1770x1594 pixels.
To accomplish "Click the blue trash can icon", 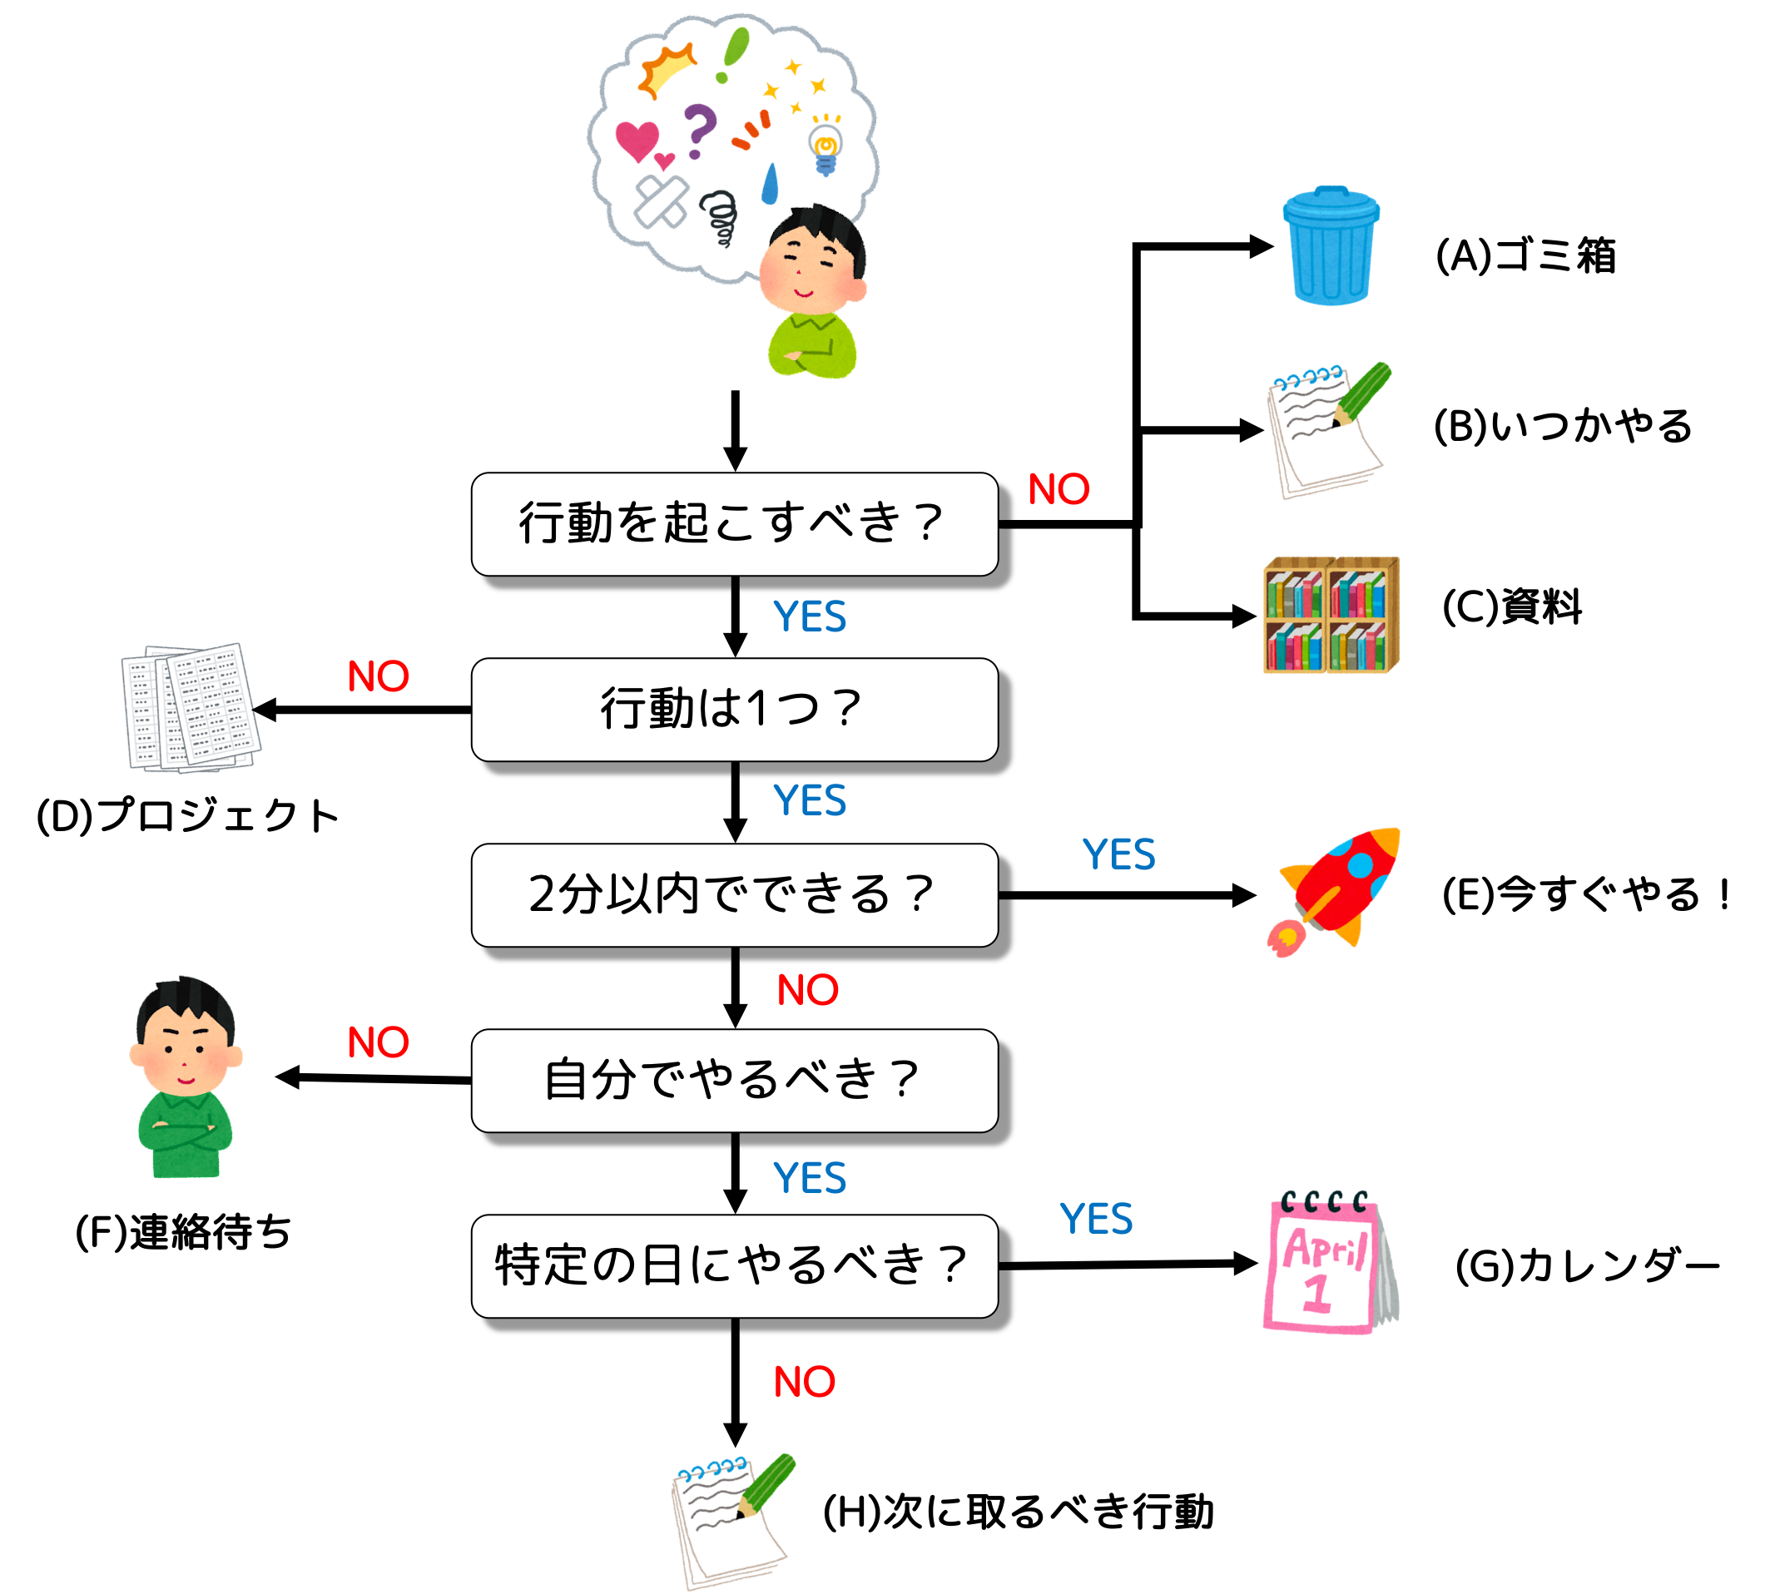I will pyautogui.click(x=1330, y=246).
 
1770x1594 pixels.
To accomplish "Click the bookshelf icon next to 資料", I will pyautogui.click(x=1330, y=615).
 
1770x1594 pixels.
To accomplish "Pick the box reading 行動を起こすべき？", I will pyautogui.click(x=734, y=524).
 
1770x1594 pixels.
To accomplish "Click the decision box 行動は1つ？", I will pyautogui.click(x=734, y=710).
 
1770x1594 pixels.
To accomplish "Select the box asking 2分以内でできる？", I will pyautogui.click(x=734, y=895).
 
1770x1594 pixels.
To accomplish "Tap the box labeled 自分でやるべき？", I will pyautogui.click(x=734, y=1080).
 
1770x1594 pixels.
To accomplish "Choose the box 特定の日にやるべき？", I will pyautogui.click(x=734, y=1265).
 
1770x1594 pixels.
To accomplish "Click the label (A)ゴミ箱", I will pyautogui.click(x=1525, y=255).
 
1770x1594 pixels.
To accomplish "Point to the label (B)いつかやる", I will pyautogui.click(x=1562, y=427).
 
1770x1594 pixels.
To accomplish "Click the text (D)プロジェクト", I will pyautogui.click(x=187, y=815).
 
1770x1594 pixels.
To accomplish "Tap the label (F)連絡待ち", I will pyautogui.click(x=183, y=1232).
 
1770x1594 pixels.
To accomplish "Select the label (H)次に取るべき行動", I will pyautogui.click(x=1019, y=1512).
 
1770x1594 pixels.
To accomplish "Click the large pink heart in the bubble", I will pyautogui.click(x=637, y=140).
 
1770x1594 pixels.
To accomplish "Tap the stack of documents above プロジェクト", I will pyautogui.click(x=191, y=709).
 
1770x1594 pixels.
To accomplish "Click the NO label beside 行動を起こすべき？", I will pyautogui.click(x=1059, y=489).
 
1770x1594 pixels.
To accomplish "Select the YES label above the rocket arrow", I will pyautogui.click(x=1119, y=854).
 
